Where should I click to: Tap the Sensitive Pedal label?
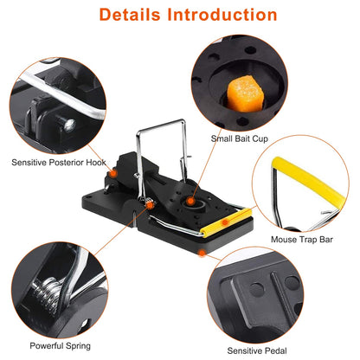[x=259, y=350]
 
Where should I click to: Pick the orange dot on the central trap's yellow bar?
[x=226, y=223]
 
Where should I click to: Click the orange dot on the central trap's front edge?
[x=202, y=253]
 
